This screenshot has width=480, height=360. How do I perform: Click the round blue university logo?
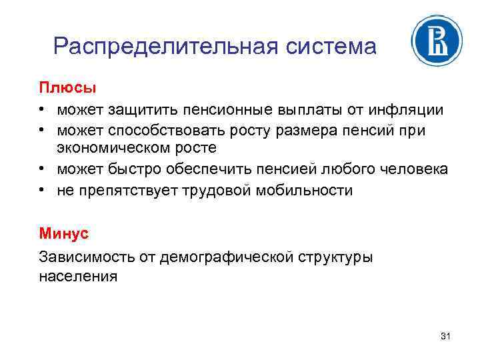coord(437,41)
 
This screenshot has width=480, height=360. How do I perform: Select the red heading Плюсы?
coord(67,88)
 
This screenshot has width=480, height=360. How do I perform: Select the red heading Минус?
coord(63,234)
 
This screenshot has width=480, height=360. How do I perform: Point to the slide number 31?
coord(445,337)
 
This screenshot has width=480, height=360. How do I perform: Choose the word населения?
coord(78,275)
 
